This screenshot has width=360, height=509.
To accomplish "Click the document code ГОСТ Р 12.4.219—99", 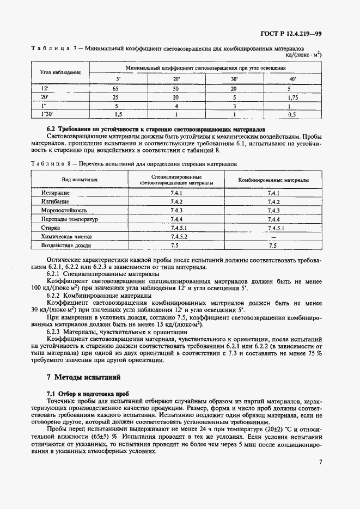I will tap(295, 34).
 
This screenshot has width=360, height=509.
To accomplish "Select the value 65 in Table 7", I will tap(115, 88).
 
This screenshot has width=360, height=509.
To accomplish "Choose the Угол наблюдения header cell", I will tap(60, 72).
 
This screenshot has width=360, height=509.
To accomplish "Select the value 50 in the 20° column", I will tap(175, 88).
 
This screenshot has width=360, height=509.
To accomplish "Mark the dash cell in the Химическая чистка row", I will tap(273, 237).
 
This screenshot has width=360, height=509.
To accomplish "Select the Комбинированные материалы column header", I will tap(273, 180).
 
